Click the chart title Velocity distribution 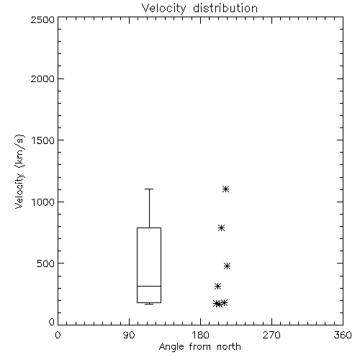click(x=199, y=9)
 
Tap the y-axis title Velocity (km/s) click(x=20, y=171)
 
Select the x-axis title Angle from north click(x=199, y=347)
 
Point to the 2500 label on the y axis click(x=42, y=19)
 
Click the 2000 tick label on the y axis click(x=42, y=78)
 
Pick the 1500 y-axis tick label click(x=43, y=140)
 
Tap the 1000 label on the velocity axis click(x=43, y=202)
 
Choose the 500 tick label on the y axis click(x=46, y=264)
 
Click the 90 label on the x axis click(x=129, y=335)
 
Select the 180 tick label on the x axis click(x=200, y=335)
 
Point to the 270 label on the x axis click(x=271, y=335)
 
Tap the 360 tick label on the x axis click(x=343, y=335)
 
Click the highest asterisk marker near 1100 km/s click(x=225, y=189)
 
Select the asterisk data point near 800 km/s click(x=221, y=228)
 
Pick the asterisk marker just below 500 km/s click(x=227, y=266)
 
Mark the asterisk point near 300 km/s click(x=217, y=286)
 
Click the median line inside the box click(x=149, y=286)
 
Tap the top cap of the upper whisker click(x=149, y=189)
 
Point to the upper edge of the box click(x=149, y=228)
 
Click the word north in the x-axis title click(x=229, y=347)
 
